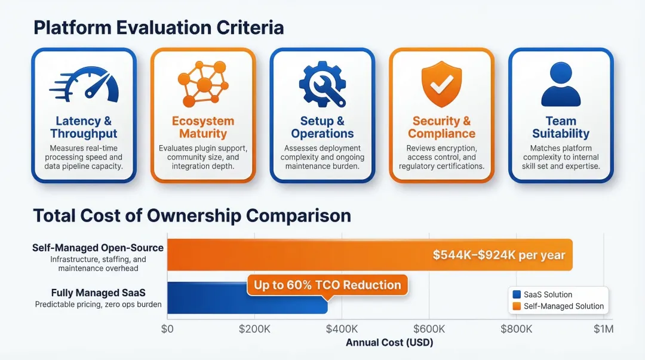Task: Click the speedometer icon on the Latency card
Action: pos(84,85)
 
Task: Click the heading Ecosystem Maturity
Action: pos(203,127)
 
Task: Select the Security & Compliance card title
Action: pos(442,127)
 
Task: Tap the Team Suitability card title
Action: pos(561,127)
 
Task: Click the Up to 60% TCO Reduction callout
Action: pos(327,285)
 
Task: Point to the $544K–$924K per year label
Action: pos(499,255)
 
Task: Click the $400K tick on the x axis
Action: pos(342,329)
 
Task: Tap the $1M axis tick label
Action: pos(603,329)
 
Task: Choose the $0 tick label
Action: pos(167,329)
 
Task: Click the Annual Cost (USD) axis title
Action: pos(389,343)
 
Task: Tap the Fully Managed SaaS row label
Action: pos(98,293)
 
